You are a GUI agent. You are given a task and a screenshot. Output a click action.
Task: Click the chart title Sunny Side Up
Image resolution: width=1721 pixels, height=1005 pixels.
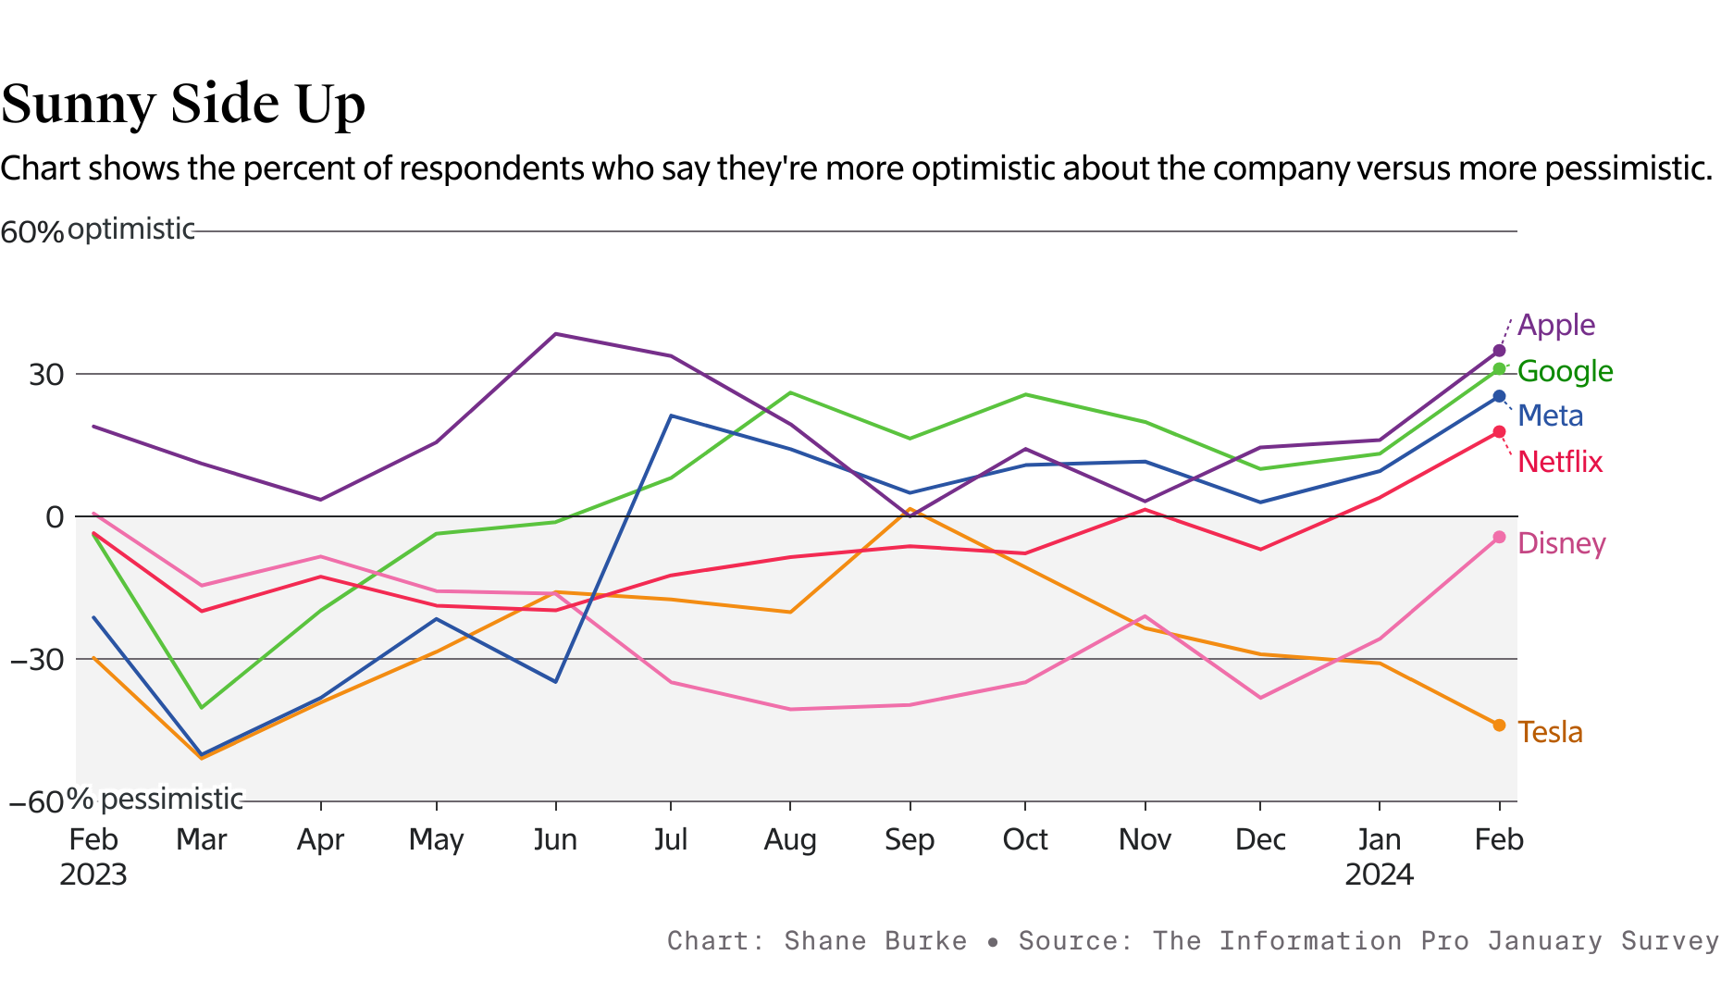[183, 104]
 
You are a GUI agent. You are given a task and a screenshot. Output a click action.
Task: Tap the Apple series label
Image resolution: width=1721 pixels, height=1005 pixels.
[1556, 325]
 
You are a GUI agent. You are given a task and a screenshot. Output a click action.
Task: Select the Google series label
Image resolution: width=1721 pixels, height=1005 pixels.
[1565, 371]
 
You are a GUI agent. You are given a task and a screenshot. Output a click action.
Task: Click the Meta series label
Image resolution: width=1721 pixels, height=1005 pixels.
[1551, 416]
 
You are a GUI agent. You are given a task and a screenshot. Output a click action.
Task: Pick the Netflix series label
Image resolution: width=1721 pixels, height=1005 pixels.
[1560, 461]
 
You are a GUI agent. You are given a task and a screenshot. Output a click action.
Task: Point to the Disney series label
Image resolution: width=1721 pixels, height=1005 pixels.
[1562, 543]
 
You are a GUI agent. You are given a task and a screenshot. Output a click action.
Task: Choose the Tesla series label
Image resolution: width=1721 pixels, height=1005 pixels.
[1550, 732]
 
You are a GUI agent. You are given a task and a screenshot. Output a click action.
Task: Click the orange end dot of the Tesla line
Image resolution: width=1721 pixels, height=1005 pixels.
[1499, 725]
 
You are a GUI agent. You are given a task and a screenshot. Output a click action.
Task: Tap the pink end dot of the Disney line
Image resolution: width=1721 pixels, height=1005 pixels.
[1499, 538]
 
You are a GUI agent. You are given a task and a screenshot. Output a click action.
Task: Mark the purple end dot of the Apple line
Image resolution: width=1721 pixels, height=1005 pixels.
[1499, 351]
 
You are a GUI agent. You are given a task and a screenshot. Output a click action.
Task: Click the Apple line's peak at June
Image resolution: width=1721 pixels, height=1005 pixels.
[555, 334]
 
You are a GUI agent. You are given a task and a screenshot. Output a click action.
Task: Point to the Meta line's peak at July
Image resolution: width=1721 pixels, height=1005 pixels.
[671, 416]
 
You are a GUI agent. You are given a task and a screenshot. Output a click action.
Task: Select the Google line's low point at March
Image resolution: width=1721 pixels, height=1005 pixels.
[202, 707]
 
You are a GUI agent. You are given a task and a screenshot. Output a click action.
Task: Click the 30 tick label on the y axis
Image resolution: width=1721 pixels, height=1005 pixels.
[45, 375]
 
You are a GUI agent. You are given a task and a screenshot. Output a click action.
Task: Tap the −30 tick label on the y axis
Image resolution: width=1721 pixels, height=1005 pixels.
[37, 660]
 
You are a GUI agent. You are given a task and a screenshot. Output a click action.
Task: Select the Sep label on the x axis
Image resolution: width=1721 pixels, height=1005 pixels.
[910, 839]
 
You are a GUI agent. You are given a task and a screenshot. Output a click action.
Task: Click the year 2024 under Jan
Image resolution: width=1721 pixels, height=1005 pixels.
[1379, 875]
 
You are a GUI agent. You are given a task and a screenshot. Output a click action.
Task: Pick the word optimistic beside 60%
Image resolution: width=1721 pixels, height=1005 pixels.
[130, 230]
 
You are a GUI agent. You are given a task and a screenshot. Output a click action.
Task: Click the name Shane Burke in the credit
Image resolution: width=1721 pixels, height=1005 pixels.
[875, 941]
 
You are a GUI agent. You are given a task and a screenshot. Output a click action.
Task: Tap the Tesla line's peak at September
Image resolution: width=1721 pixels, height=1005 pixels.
[910, 509]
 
